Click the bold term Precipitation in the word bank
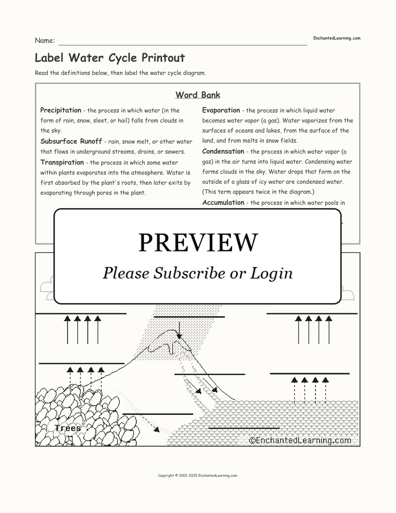point(61,110)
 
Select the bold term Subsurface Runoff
point(71,142)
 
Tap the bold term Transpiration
point(62,163)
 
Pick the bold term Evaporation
point(221,110)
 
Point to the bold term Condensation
point(223,152)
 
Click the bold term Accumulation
point(223,203)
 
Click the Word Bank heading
point(198,95)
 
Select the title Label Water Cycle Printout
point(110,58)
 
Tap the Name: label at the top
point(45,41)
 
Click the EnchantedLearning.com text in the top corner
point(336,38)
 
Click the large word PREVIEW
point(198,242)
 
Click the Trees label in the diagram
point(68,428)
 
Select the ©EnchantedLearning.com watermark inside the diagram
point(300,440)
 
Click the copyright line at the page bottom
point(197,475)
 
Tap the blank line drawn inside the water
point(244,428)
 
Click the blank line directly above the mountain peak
point(189,317)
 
